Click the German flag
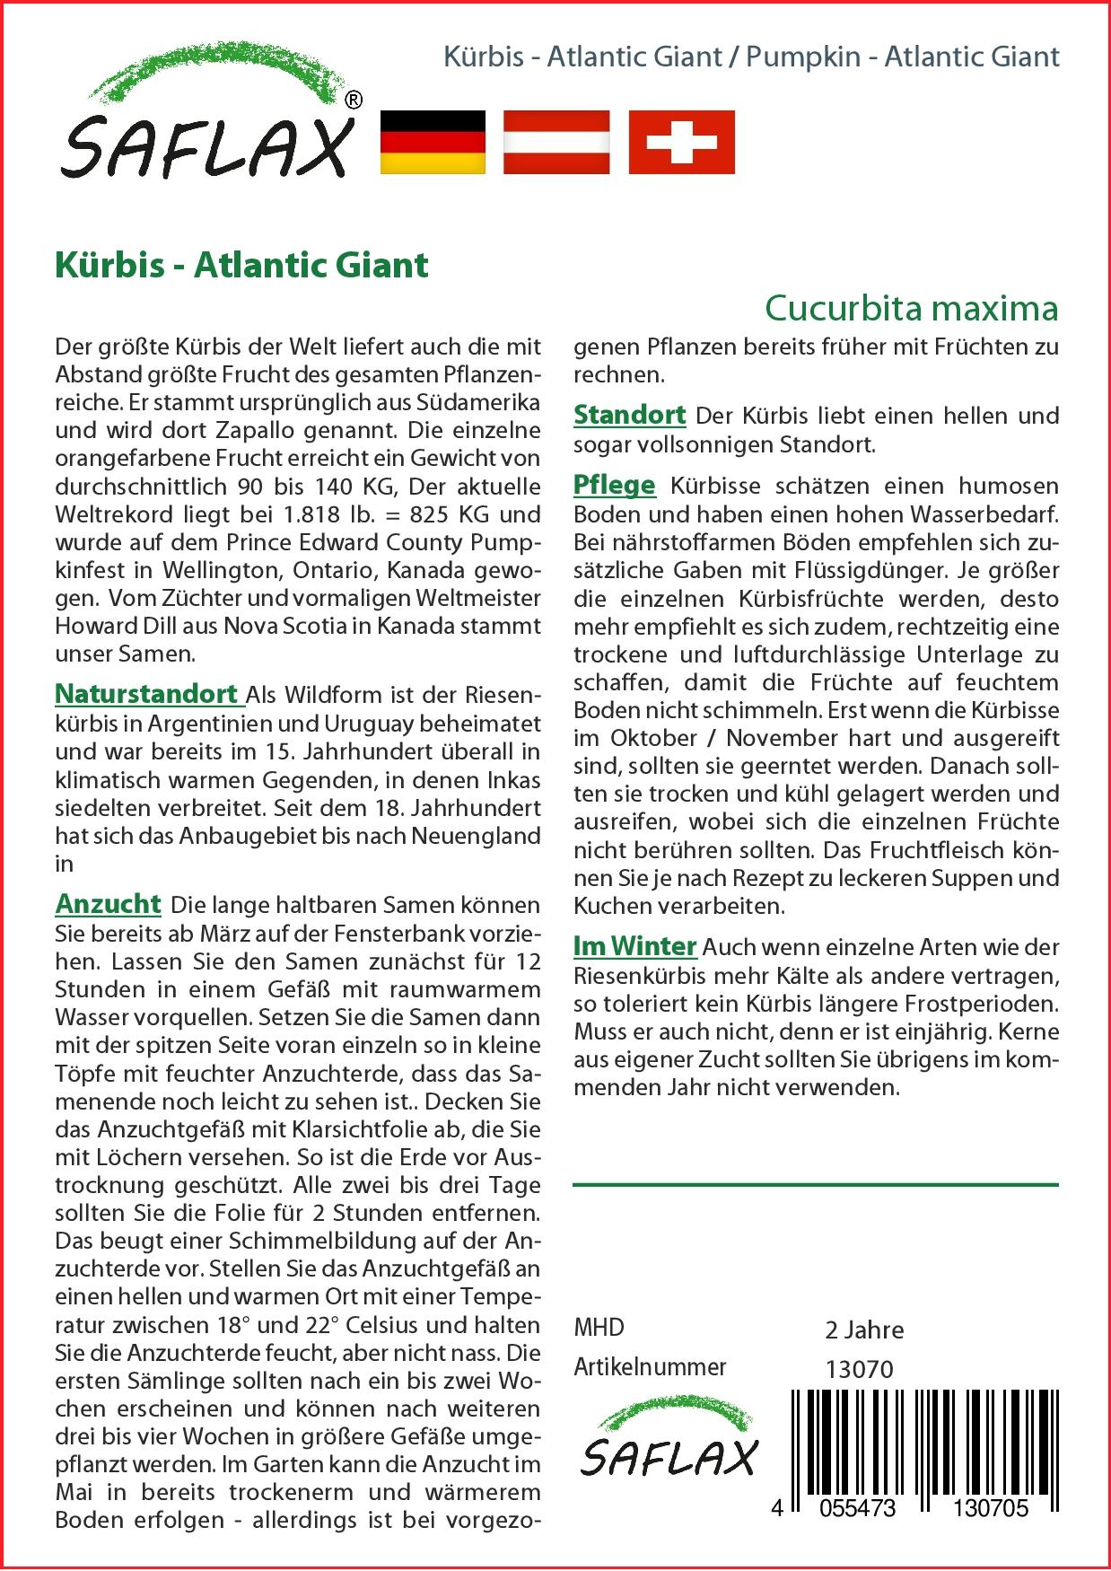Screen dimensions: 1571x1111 pyautogui.click(x=433, y=142)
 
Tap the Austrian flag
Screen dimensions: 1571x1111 pyautogui.click(x=556, y=142)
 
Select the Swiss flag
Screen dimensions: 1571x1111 pyautogui.click(x=681, y=142)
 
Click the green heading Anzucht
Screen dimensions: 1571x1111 pyautogui.click(x=108, y=903)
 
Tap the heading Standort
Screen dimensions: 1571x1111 pyautogui.click(x=629, y=415)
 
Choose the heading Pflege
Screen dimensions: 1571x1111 pyautogui.click(x=615, y=485)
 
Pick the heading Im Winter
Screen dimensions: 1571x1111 pyautogui.click(x=634, y=946)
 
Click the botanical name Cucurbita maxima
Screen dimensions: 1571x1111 pyautogui.click(x=911, y=308)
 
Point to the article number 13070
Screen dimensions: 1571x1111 pyautogui.click(x=859, y=1369)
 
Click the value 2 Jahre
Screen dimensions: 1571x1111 pyautogui.click(x=863, y=1330)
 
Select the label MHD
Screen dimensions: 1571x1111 pyautogui.click(x=599, y=1328)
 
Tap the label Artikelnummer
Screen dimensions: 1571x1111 pyautogui.click(x=650, y=1367)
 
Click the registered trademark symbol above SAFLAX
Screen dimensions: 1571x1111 pyautogui.click(x=354, y=101)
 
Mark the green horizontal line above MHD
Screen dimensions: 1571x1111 pyautogui.click(x=815, y=1185)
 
